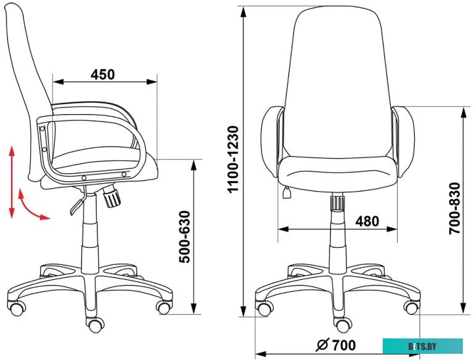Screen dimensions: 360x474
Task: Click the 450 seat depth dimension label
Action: pos(104,74)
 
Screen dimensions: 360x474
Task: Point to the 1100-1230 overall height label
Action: pos(233,160)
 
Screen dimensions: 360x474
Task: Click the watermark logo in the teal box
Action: pos(422,346)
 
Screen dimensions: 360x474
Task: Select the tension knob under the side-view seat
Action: pos(112,197)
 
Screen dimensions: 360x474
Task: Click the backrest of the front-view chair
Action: pos(335,80)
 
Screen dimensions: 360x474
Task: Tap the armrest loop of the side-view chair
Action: pos(92,142)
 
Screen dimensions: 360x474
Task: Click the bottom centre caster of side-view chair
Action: pos(94,323)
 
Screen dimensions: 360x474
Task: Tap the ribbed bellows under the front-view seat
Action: pos(337,203)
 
